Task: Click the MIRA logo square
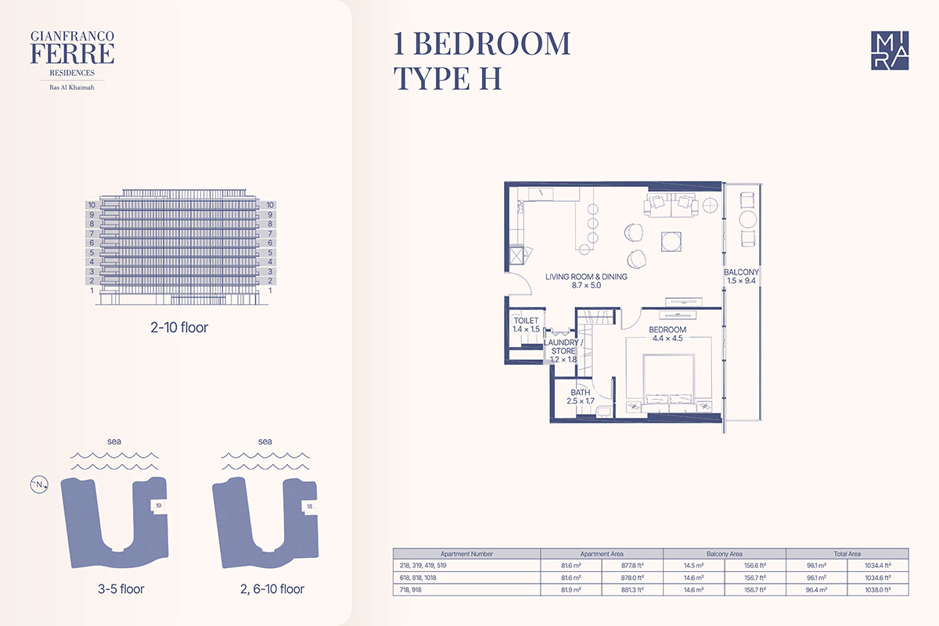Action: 890,50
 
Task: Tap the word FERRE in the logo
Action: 72,54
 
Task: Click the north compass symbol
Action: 39,484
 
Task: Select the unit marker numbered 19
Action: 158,505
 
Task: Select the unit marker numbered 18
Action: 309,506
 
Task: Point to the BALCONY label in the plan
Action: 741,272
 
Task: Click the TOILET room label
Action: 526,320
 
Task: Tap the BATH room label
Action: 580,393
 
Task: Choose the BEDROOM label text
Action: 667,329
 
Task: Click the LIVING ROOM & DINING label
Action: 586,277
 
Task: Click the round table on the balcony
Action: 747,219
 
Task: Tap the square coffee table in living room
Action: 671,242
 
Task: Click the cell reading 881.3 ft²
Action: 632,589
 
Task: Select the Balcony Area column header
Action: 725,554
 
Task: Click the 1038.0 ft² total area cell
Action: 878,589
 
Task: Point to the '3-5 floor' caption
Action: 121,589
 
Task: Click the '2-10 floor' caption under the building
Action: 179,327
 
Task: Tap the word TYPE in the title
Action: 431,78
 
